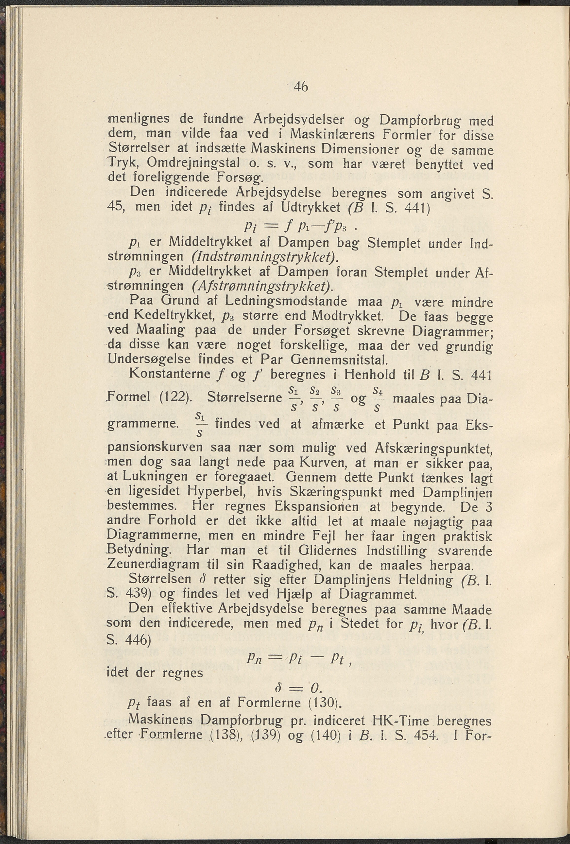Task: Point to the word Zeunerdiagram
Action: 154,565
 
